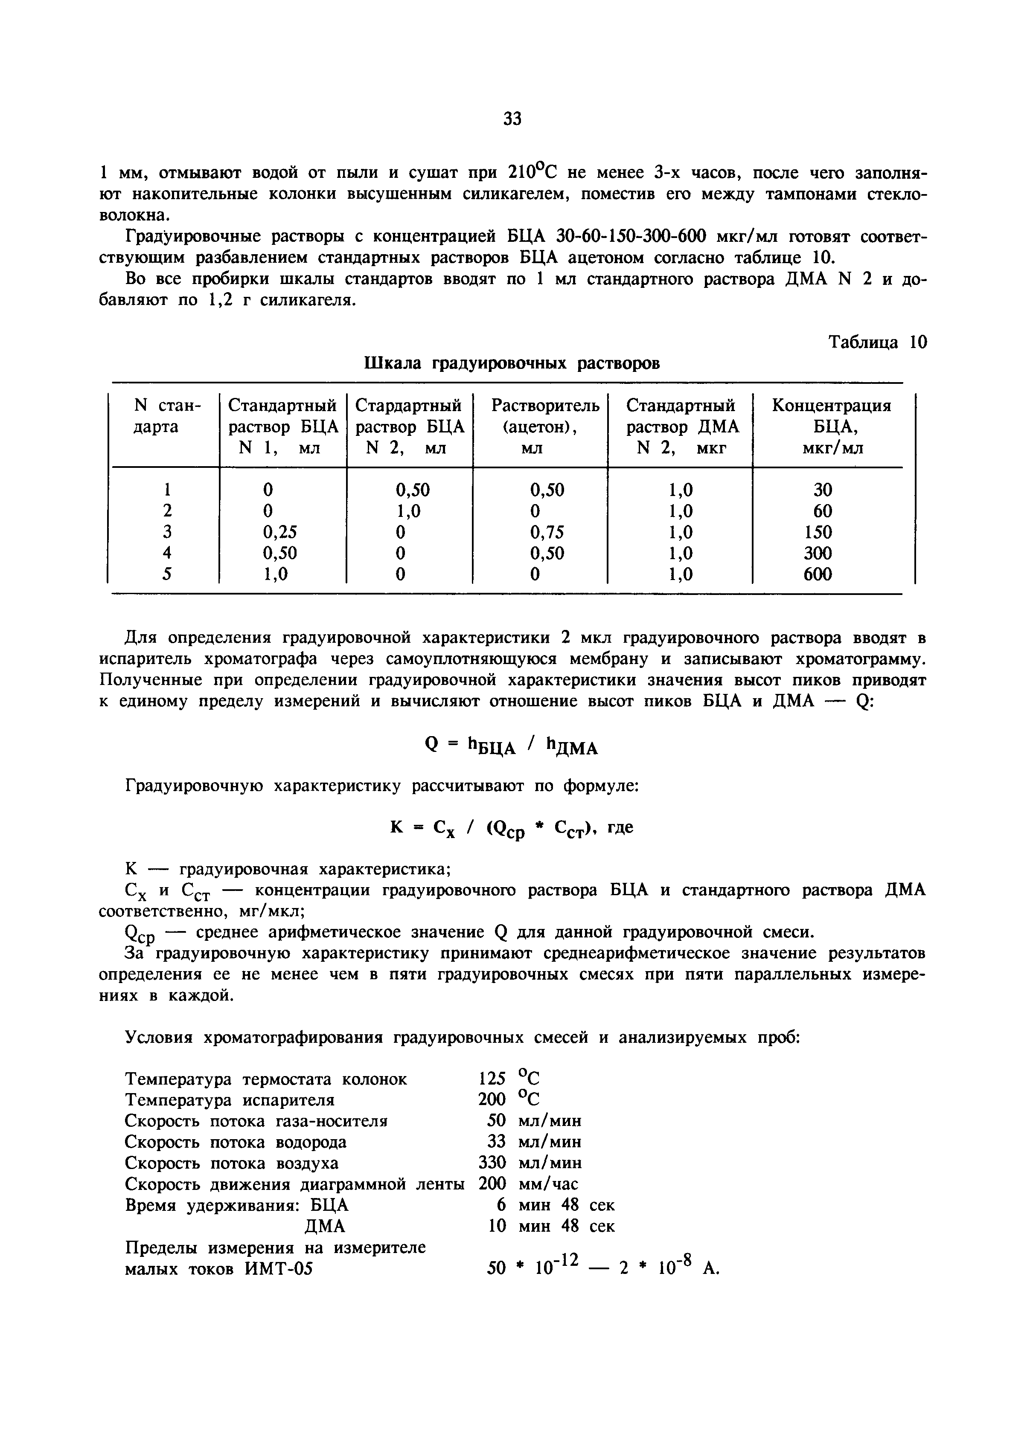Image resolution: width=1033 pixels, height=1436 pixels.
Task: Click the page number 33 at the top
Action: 512,119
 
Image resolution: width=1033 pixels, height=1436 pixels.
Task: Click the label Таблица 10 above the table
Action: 877,342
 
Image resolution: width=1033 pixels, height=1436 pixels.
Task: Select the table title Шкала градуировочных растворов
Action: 512,363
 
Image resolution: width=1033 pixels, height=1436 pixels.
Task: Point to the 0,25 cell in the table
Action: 279,532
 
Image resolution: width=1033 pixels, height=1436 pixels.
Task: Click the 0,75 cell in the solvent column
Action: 547,532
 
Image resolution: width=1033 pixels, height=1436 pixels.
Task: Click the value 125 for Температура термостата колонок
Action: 492,1078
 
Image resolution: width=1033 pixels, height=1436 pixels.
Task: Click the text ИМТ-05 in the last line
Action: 279,1269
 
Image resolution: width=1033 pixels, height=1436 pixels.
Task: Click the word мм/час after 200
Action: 548,1184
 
